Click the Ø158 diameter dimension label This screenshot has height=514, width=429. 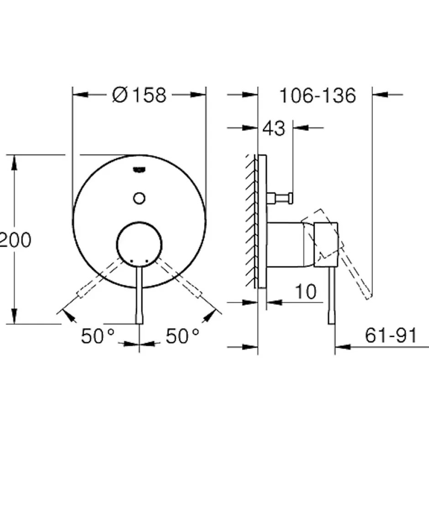tap(139, 95)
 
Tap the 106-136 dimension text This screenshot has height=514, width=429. tap(318, 96)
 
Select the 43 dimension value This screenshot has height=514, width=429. tap(274, 128)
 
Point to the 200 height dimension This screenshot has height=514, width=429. tap(15, 239)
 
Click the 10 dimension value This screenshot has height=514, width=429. tap(306, 291)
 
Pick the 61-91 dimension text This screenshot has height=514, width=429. tap(391, 335)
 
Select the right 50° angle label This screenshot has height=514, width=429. tap(183, 336)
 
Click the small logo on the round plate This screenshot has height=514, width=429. tap(139, 170)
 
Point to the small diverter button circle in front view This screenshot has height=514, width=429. tap(139, 198)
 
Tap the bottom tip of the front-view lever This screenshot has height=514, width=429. tap(139, 324)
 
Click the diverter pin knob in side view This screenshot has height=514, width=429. tap(280, 198)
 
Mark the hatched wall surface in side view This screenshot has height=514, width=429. tap(251, 221)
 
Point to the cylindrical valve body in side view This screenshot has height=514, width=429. tap(291, 244)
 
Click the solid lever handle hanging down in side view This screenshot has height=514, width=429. tap(332, 295)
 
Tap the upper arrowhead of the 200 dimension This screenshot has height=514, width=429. tap(14, 162)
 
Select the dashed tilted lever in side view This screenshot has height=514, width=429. tap(338, 252)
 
